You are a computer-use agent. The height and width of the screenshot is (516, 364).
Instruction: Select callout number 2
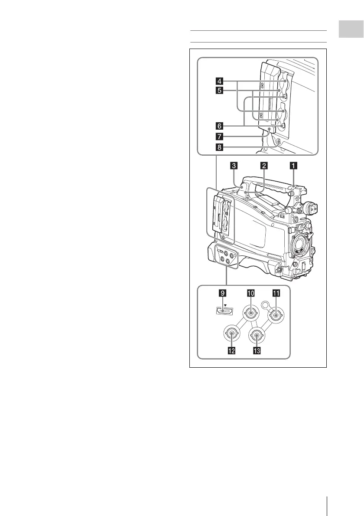click(x=263, y=165)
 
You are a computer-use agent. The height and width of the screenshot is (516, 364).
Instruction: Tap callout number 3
click(x=234, y=165)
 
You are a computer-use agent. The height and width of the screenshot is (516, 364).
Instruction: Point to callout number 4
click(x=220, y=81)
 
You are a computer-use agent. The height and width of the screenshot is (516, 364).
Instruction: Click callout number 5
click(x=220, y=91)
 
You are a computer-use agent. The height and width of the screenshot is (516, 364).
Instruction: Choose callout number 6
click(x=220, y=126)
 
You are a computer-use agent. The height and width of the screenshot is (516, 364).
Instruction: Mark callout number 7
click(x=220, y=137)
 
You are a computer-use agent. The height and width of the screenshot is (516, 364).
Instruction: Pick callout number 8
click(x=220, y=147)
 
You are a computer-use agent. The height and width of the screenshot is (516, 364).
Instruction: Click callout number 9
click(x=223, y=293)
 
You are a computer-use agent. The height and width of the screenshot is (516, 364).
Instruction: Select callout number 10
click(x=250, y=293)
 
